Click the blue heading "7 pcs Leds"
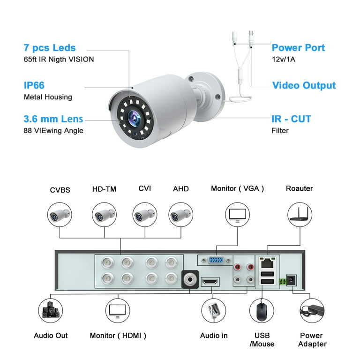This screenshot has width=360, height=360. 50,48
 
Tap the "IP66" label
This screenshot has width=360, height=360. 34,85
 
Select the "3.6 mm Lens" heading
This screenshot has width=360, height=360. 53,119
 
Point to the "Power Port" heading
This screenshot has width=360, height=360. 298,48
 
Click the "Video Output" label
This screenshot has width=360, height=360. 304,85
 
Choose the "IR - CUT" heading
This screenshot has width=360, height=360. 292,119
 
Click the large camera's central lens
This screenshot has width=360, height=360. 135,118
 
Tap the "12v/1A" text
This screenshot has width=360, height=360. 284,59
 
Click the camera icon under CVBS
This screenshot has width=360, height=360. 60,215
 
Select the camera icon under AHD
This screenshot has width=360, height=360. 180,215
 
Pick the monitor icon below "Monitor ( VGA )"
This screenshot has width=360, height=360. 237,215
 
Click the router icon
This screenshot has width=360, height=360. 300,215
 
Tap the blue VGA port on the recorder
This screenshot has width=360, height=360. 216,260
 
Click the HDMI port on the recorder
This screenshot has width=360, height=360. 210,281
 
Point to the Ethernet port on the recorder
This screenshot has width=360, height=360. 267,263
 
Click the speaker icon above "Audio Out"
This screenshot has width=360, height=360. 51,311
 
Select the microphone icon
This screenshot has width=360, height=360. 214,311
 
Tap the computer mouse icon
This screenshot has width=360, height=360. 262,311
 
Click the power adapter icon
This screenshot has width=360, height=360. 312,311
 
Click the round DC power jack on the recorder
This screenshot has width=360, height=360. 292,280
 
